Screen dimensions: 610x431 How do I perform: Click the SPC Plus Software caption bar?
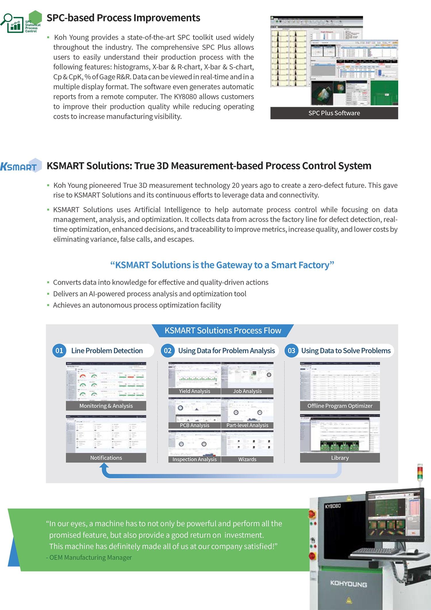[334, 113]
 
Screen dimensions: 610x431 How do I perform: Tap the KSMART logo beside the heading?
[20, 166]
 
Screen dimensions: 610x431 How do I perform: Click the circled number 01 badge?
[59, 350]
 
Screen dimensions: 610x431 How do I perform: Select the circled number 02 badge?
[168, 350]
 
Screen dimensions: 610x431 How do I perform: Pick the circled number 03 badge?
[291, 350]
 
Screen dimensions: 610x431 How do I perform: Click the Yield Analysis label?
[195, 391]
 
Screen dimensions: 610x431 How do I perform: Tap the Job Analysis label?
[247, 391]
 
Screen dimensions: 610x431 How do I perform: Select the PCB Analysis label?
[195, 425]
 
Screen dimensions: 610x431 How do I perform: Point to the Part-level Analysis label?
[247, 425]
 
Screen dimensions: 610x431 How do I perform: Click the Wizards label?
[247, 459]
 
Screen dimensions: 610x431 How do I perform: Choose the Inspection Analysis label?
[195, 459]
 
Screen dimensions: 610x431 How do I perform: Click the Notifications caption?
[106, 458]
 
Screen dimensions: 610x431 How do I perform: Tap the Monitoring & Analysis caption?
[106, 406]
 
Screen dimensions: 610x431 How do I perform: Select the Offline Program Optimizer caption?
[340, 406]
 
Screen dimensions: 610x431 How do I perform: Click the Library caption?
[340, 458]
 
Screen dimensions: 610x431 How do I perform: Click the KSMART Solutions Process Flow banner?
[223, 330]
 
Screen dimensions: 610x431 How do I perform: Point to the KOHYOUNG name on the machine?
[348, 584]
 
